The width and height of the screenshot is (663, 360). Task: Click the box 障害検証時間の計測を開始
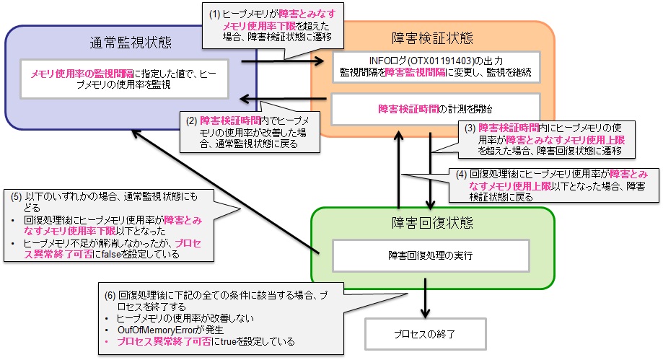(435, 108)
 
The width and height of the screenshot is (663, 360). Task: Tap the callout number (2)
(190, 120)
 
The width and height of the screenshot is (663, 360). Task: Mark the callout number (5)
(16, 196)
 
